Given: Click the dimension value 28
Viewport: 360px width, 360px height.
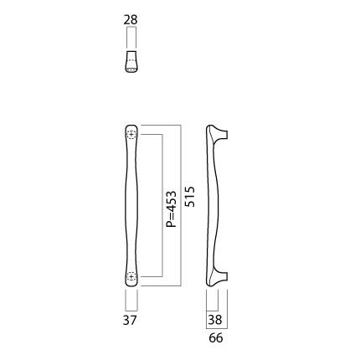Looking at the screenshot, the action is [131, 20].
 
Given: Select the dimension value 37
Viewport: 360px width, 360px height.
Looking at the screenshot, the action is [130, 320].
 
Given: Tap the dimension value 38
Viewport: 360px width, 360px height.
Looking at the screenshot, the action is [215, 320].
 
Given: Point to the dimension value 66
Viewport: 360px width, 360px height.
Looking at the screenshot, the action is [216, 338].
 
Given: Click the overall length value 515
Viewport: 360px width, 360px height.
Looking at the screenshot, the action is [190, 197].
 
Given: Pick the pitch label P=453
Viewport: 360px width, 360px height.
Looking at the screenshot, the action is [172, 209].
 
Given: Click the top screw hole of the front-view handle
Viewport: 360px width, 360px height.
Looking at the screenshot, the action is [131, 135].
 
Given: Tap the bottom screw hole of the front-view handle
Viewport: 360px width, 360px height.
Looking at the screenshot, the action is [131, 276].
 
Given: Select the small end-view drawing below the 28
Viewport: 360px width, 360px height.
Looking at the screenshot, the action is [131, 61].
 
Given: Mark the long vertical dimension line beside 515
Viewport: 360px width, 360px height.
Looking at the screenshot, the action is [181, 205].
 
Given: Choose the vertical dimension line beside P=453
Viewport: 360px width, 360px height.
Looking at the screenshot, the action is [162, 206].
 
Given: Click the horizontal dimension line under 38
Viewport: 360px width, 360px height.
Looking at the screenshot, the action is [212, 311].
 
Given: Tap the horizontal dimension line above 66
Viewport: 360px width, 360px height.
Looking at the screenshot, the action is [217, 328].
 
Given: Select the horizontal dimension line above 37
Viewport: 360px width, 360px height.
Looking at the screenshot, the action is [131, 311].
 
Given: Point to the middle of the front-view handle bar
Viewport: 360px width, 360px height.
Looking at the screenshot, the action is [131, 206].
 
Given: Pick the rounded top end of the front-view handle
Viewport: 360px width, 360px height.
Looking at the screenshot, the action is [131, 128].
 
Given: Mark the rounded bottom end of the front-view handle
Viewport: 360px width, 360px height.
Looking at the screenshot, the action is [131, 283].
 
